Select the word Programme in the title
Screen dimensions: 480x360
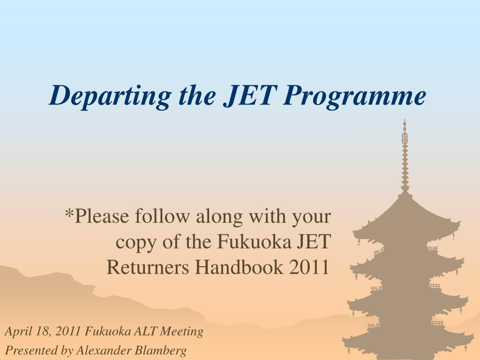(354, 96)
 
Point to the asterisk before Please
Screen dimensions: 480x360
(70, 212)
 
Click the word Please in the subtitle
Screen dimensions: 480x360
(102, 216)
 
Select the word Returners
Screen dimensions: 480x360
(148, 267)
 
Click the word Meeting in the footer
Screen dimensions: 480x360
(182, 332)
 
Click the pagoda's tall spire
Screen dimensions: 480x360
(405, 156)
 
